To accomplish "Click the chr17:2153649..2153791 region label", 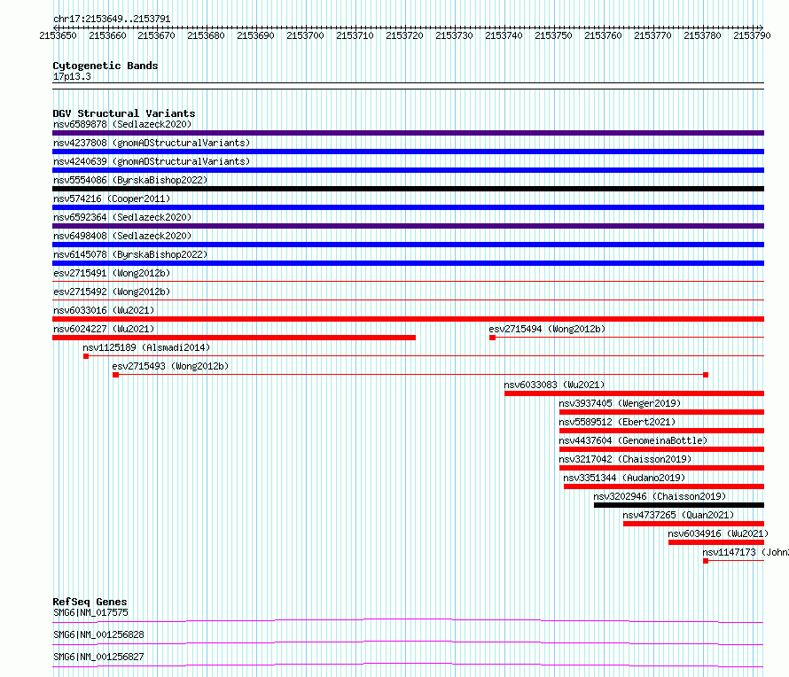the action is click(x=112, y=19).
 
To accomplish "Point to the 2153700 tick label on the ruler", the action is click(x=305, y=35).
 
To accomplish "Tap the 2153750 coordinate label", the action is click(x=553, y=35).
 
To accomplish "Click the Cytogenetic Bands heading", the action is click(x=105, y=66).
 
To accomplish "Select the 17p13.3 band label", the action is click(x=72, y=76).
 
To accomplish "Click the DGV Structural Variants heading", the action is click(x=124, y=113).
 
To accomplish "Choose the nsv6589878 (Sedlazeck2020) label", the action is click(x=122, y=124).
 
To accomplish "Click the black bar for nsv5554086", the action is click(x=408, y=189).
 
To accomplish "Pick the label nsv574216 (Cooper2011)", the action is click(x=112, y=198).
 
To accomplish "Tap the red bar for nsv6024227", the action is click(x=234, y=338).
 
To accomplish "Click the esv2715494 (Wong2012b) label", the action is click(x=547, y=329).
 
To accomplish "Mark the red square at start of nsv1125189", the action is click(x=86, y=356).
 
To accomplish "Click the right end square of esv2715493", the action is click(x=706, y=375).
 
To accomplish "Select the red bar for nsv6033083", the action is click(x=634, y=393).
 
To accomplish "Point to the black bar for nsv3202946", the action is click(x=679, y=505).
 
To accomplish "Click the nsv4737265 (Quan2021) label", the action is click(x=678, y=515).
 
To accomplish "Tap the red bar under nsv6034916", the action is click(x=716, y=542).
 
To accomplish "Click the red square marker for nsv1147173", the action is click(x=706, y=561).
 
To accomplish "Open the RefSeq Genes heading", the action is click(x=90, y=602).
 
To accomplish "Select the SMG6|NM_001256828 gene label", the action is click(x=98, y=634).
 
